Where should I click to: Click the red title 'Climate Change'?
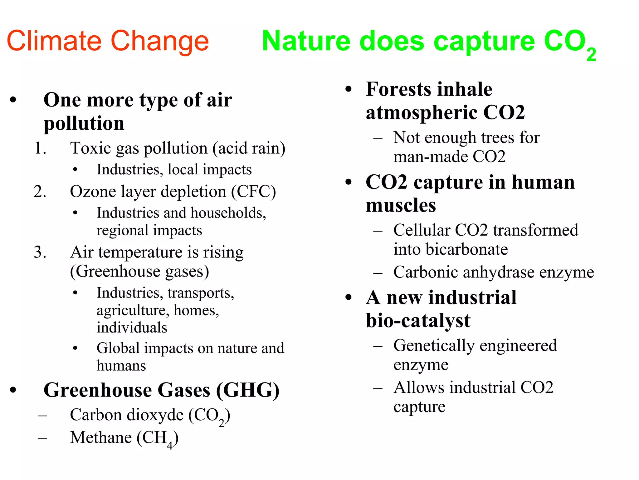point(108,41)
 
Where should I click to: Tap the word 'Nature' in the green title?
point(306,41)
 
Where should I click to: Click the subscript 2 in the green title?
point(591,55)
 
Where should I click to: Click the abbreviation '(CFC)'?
point(253,192)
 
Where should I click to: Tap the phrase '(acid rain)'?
point(249,148)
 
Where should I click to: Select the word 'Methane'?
point(101,437)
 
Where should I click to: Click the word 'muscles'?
point(401,206)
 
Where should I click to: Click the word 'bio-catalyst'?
point(418,321)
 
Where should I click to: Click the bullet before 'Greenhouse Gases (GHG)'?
point(13,390)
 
